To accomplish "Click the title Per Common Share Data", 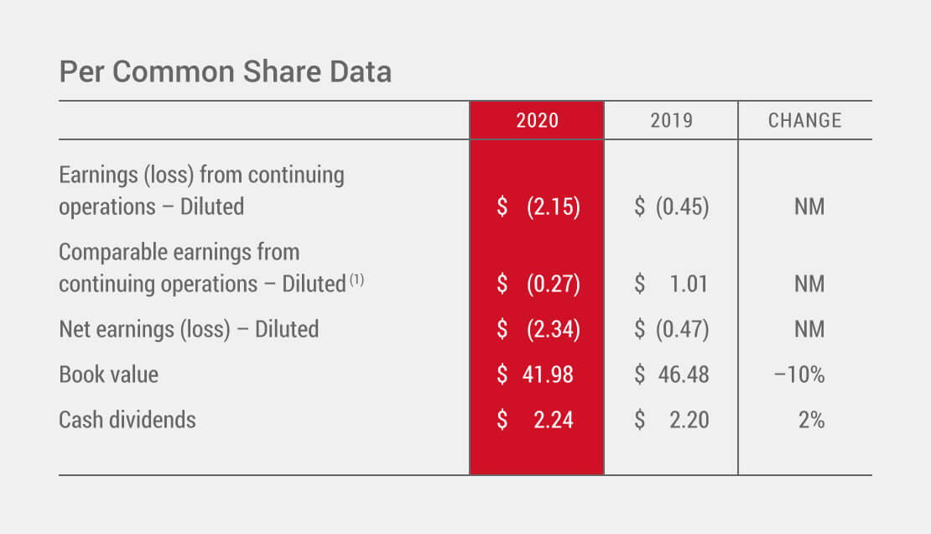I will coord(225,72).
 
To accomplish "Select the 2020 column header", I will coord(537,121).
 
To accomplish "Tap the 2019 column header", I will coord(672,121).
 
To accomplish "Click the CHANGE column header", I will coord(804,121).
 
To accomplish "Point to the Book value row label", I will coord(108,374).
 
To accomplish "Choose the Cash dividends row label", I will coord(127,419).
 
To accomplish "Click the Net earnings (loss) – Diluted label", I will coord(189,329).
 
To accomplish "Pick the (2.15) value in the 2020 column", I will coord(554,207).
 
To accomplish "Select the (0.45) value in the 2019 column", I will coord(682,207).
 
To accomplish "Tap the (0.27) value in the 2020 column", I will coord(554,284).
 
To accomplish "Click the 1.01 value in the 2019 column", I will coord(689,284).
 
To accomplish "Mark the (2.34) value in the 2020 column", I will coord(554,329).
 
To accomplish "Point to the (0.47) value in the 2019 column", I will coord(682,329).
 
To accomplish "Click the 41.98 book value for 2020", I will coord(548,374).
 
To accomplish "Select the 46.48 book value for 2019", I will coord(683,374).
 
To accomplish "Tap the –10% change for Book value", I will coord(799,374).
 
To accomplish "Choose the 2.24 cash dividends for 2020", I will coord(554,419).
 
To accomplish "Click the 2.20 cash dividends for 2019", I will coord(689,419).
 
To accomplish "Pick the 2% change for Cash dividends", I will coord(811,419).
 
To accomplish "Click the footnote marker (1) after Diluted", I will coord(356,280).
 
